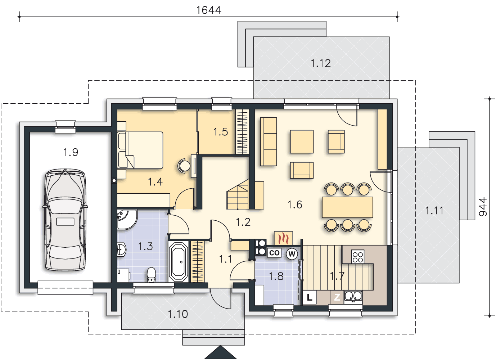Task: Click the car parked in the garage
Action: click(65, 220)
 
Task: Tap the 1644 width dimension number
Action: click(208, 10)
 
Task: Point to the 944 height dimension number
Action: click(483, 207)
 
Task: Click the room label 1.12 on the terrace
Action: click(321, 63)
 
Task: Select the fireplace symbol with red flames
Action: click(283, 238)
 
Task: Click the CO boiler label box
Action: click(274, 253)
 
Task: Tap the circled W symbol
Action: click(292, 254)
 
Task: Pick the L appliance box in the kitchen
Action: click(309, 297)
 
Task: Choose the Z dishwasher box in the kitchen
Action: click(337, 297)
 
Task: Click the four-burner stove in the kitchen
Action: click(358, 257)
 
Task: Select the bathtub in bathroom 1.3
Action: click(178, 262)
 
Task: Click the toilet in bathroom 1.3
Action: click(152, 275)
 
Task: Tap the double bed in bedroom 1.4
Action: click(140, 150)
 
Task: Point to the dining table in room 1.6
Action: click(347, 207)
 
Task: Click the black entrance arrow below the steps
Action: click(220, 352)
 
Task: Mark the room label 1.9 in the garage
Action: click(71, 152)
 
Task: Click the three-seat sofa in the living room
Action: click(269, 142)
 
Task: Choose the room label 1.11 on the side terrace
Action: click(434, 210)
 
